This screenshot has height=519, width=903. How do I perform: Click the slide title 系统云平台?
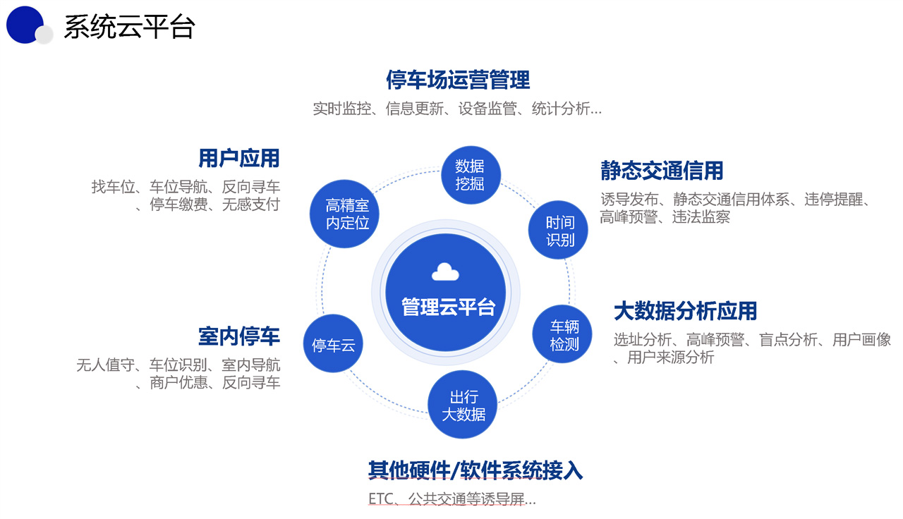tap(129, 28)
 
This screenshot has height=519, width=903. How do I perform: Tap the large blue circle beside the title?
tap(24, 25)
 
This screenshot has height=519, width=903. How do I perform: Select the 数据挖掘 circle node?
tap(469, 176)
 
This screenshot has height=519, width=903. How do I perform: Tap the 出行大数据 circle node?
tap(463, 405)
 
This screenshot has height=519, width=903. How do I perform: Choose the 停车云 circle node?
tap(333, 345)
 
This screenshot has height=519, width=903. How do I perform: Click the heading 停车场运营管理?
tap(457, 80)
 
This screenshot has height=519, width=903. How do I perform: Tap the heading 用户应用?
tap(239, 158)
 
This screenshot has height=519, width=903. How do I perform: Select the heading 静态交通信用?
tap(662, 171)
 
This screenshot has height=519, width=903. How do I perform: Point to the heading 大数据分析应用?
tap(685, 310)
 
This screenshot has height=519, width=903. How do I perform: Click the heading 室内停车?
tap(239, 336)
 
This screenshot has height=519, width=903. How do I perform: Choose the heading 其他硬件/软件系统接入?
tap(475, 470)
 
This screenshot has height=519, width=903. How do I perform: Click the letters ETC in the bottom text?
tap(378, 500)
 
